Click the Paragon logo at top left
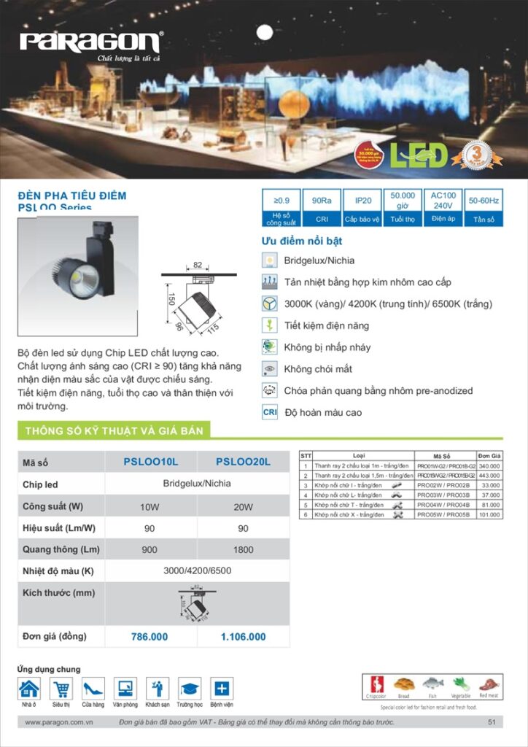pos(92,43)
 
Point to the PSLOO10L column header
pos(151,462)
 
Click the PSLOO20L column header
pos(244,462)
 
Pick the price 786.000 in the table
pos(150,637)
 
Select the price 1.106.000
pos(244,637)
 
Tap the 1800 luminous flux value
pos(244,550)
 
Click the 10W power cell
pos(150,507)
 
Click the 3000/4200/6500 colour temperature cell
pos(197,571)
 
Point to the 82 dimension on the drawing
pos(198,266)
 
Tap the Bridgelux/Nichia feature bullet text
pos(319,260)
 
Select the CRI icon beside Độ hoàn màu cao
pos(269,412)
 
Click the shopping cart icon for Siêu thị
pos(61,689)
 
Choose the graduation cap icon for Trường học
pos(190,689)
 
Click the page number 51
pos(492,722)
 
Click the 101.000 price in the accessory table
pos(489,514)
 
